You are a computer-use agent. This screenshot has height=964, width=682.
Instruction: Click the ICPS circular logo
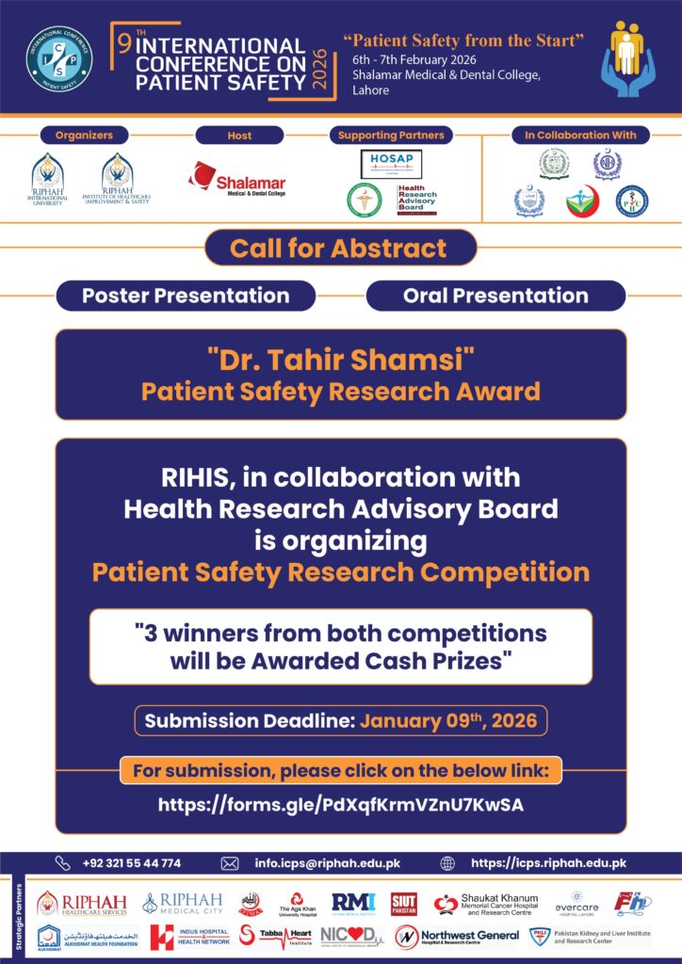coord(59,57)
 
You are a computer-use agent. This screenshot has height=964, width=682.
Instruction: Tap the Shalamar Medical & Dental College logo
coord(237,179)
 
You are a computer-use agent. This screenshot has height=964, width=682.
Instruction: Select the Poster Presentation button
coord(186,296)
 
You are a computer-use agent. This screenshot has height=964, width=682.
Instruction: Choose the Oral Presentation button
coord(495,296)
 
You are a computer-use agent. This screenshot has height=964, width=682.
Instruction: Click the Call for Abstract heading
coord(339,249)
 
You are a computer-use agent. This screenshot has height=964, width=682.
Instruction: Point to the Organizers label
coord(84,136)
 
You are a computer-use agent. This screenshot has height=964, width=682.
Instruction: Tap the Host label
coord(239,136)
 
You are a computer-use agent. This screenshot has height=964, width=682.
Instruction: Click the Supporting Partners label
coord(391,136)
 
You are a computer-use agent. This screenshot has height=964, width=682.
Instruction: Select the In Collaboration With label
coord(580,136)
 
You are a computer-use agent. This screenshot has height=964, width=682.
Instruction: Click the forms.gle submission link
coord(340,805)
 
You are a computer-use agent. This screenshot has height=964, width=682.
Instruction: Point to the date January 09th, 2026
coord(448,722)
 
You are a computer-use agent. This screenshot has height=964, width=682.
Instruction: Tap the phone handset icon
coord(63,863)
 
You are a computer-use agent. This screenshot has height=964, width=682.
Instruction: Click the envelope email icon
coord(229,863)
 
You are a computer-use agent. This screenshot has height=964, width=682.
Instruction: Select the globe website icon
coord(447,863)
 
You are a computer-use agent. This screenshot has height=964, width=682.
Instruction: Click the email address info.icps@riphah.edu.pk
coord(327,863)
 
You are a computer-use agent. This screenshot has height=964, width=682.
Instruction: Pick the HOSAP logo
coord(391,163)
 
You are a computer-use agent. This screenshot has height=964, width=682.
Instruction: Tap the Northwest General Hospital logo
coord(457,937)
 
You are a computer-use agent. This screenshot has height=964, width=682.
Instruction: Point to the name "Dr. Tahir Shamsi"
coord(340,360)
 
